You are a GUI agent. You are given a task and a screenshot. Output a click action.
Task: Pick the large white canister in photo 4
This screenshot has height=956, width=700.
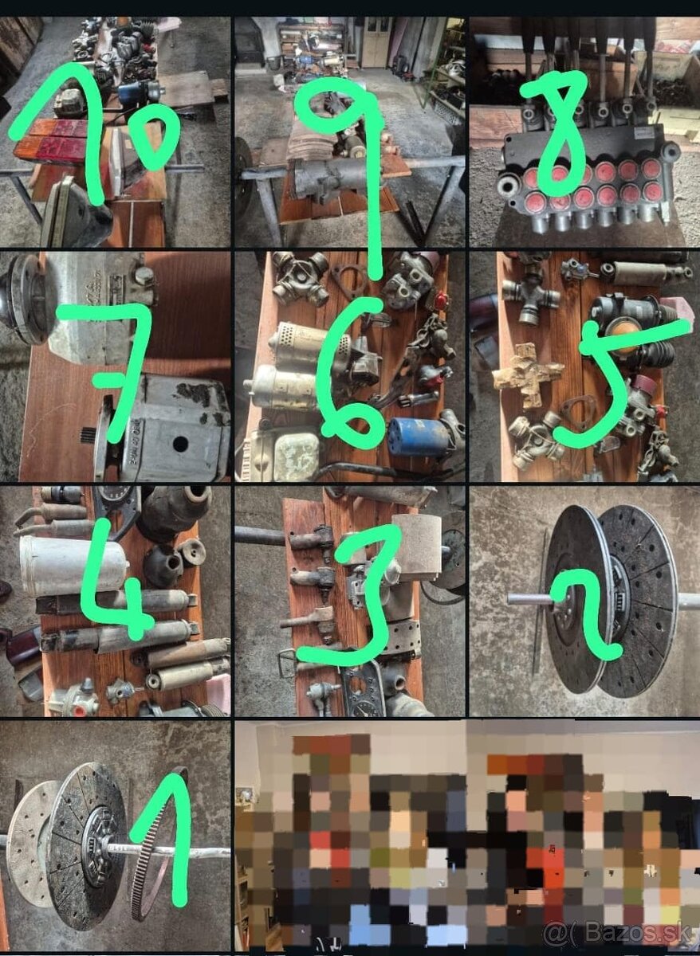click(73, 566)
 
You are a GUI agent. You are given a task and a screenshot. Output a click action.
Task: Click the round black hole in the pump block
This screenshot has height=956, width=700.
click(179, 444)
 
